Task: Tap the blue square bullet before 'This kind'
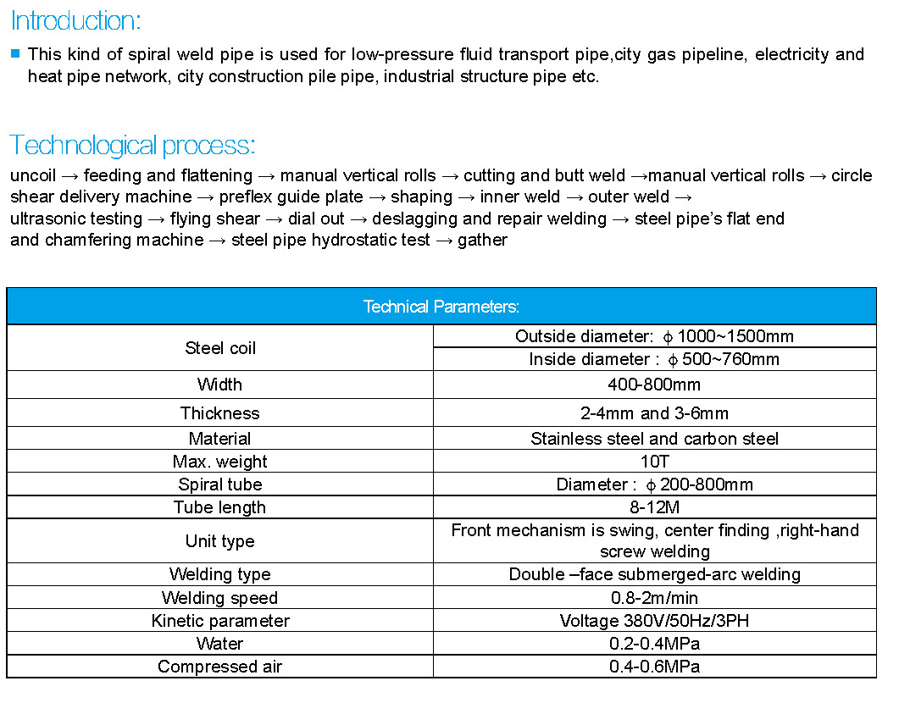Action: (x=15, y=53)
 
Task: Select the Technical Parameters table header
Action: (x=441, y=307)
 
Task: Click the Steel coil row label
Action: (x=220, y=348)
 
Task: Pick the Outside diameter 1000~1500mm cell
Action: (x=654, y=336)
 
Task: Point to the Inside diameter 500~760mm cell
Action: (x=654, y=359)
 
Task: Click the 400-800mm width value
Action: (x=654, y=385)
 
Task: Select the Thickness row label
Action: (x=220, y=413)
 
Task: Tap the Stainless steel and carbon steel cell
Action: (x=654, y=439)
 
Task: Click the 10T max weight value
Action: (x=654, y=462)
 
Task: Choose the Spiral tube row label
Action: (x=220, y=484)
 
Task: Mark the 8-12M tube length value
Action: (x=654, y=507)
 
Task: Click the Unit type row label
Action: (x=220, y=541)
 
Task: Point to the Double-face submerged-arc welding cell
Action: (x=654, y=574)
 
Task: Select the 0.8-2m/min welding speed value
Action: (x=654, y=598)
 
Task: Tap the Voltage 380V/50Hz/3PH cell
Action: (x=654, y=621)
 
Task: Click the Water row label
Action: (x=220, y=644)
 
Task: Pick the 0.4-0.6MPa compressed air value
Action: (x=654, y=667)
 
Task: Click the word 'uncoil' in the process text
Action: (x=33, y=176)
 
